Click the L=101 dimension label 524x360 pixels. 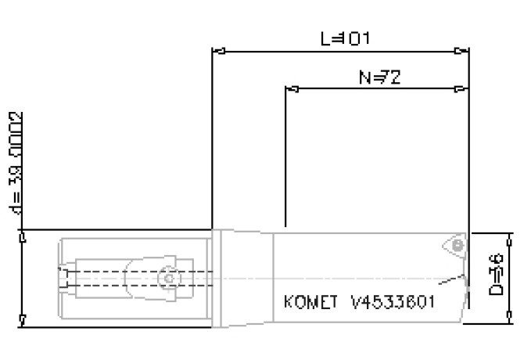pos(345,38)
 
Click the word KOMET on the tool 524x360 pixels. pos(307,302)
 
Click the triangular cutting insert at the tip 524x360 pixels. pos(454,246)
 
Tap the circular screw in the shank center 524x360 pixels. pos(167,278)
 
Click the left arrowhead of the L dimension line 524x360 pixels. pos(218,52)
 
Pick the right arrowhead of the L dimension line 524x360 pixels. pos(463,52)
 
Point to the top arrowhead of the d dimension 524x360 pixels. pos(23,236)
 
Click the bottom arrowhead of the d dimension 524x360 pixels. pos(23,320)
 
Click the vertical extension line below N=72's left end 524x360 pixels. pos(285,157)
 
